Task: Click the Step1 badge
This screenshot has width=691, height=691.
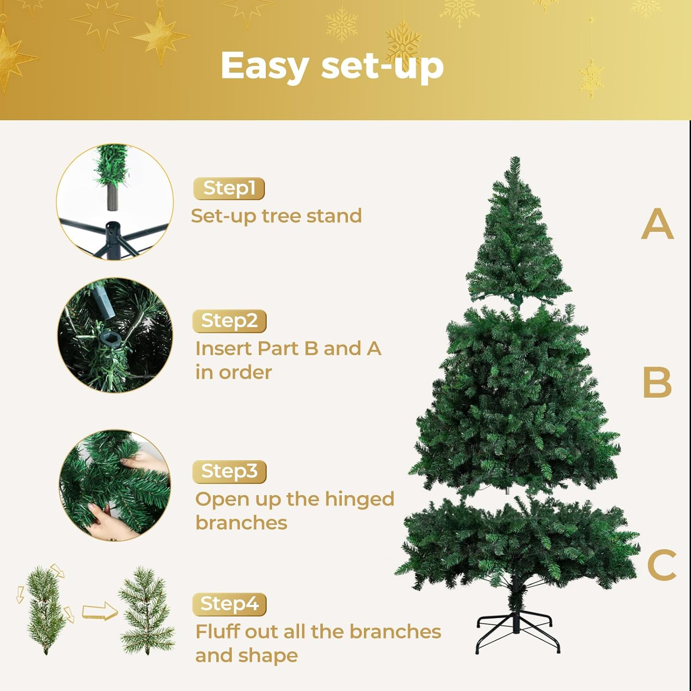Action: tap(229, 188)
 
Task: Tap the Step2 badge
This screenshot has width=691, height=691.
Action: tap(229, 321)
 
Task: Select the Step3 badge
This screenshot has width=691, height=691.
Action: tap(229, 472)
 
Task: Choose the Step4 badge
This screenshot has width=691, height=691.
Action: tap(229, 604)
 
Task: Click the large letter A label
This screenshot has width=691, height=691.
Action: tap(657, 224)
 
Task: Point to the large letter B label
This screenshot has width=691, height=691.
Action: tap(657, 382)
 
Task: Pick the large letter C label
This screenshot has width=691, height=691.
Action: tap(662, 565)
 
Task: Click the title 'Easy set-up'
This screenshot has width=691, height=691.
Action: tap(332, 66)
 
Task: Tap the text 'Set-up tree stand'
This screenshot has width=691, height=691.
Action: tap(276, 216)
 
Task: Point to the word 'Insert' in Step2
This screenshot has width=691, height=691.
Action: tap(224, 349)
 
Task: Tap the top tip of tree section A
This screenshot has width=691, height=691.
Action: tap(515, 160)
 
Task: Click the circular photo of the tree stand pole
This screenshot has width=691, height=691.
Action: tap(115, 202)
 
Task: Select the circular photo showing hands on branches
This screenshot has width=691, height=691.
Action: tap(115, 485)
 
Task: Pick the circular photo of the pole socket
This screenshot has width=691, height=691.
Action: tap(115, 335)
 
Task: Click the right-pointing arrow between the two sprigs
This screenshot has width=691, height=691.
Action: tap(99, 611)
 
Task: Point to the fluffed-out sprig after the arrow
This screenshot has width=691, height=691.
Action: tap(146, 610)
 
